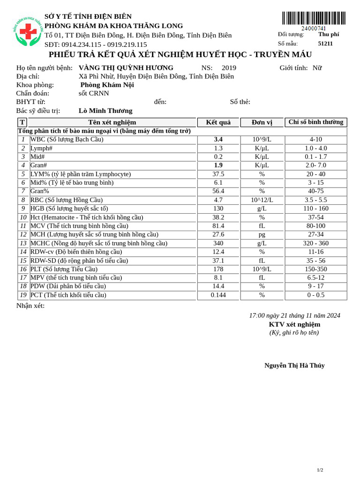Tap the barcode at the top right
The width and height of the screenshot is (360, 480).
click(x=314, y=18)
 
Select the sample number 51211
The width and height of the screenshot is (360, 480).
click(x=325, y=44)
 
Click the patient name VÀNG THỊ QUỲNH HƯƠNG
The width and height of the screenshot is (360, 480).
click(x=126, y=67)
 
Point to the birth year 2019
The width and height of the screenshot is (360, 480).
click(x=229, y=67)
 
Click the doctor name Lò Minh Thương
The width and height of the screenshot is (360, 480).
click(x=105, y=111)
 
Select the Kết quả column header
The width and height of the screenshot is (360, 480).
click(x=218, y=122)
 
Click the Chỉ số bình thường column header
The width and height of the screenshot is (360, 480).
click(x=315, y=122)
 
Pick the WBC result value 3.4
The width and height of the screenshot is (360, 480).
click(x=218, y=139)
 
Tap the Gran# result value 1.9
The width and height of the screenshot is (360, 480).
click(x=218, y=165)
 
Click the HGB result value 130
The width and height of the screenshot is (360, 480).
click(x=218, y=209)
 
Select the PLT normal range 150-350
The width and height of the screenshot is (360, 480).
click(x=315, y=269)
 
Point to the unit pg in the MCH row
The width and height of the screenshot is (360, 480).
click(x=262, y=234)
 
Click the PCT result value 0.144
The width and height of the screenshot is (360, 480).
click(x=218, y=295)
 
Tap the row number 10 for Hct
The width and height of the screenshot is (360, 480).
click(x=23, y=217)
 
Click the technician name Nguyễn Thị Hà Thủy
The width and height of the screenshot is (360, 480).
click(x=294, y=366)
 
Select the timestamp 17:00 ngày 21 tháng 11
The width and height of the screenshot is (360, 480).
click(x=294, y=315)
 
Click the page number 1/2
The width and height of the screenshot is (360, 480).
click(x=320, y=470)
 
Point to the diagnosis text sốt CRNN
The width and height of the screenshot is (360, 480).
click(x=94, y=93)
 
